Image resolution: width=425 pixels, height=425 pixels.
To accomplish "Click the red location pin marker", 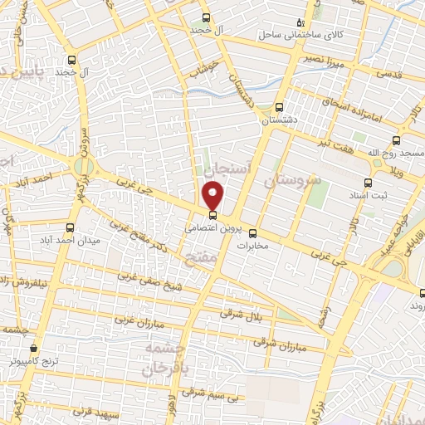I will click(x=214, y=196).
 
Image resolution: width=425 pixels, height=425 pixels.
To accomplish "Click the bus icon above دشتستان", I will click(x=279, y=107).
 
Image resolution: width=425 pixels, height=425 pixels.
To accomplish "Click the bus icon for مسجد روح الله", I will click(x=395, y=140).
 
